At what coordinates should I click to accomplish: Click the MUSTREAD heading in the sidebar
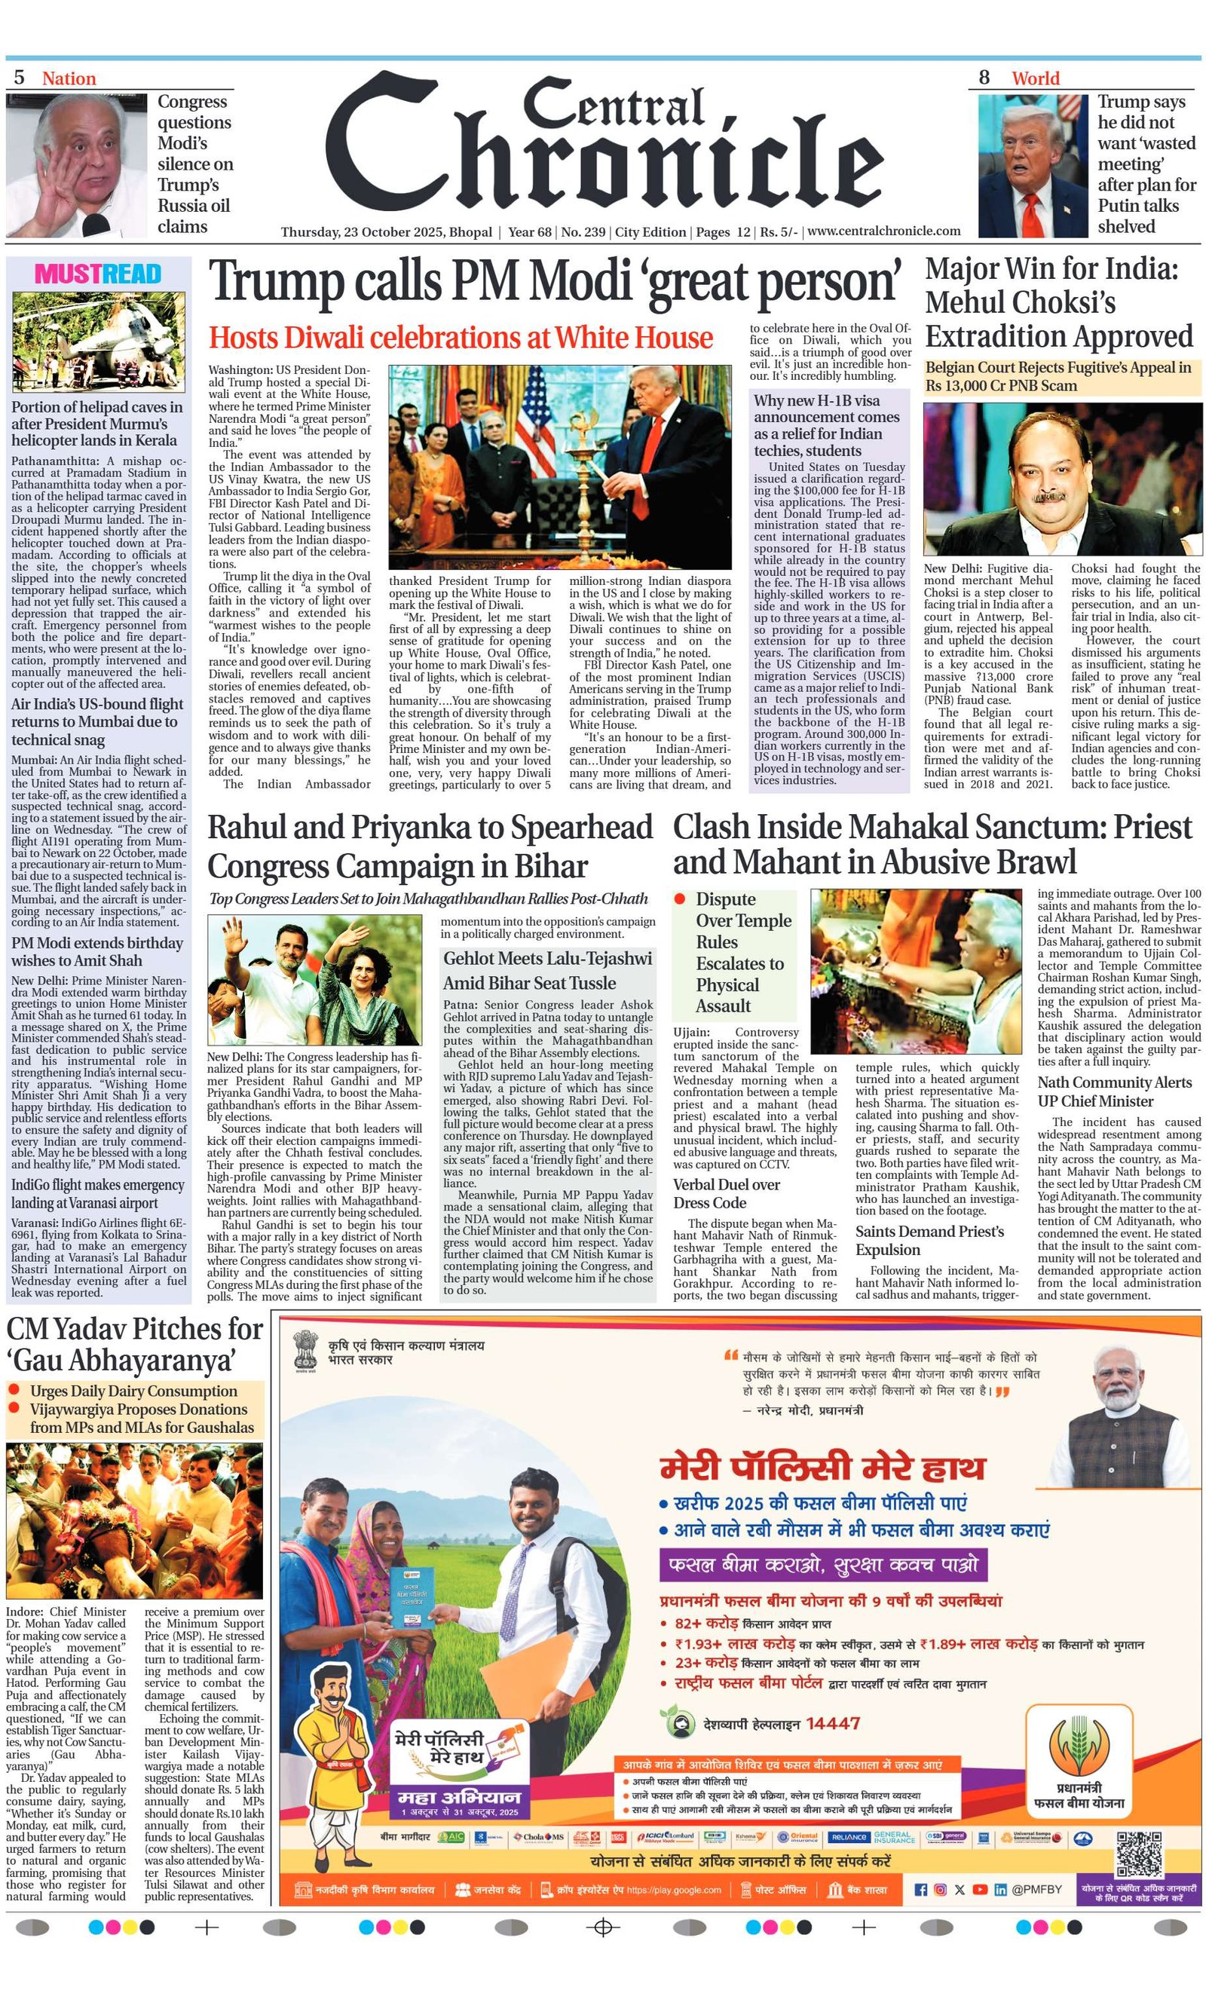coord(97,274)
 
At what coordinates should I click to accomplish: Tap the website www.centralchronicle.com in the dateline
coord(883,231)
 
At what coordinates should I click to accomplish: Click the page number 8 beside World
coord(984,78)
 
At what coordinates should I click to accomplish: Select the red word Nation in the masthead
coord(69,78)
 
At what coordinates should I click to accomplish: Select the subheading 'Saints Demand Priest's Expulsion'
coord(929,1240)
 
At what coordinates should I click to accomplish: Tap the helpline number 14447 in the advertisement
coord(832,1724)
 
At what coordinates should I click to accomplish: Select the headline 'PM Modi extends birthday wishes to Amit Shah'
coord(97,951)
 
